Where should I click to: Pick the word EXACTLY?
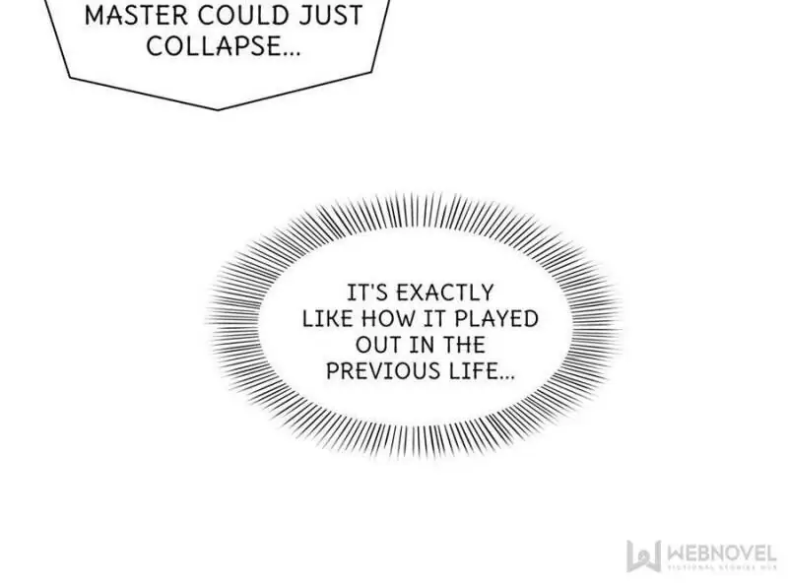coord(443,293)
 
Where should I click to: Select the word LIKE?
coord(324,319)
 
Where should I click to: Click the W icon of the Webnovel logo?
coord(642,554)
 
